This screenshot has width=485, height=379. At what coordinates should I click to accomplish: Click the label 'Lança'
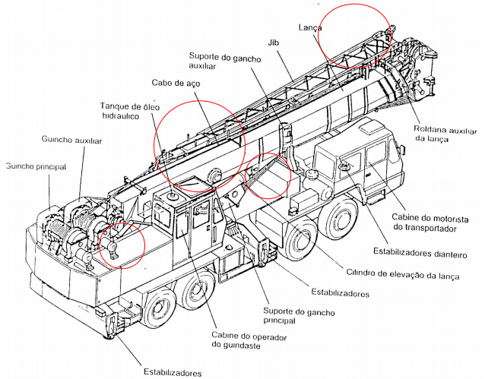(x=310, y=28)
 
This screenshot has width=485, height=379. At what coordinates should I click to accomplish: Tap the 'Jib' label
(x=273, y=43)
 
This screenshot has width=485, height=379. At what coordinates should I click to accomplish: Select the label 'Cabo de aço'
(x=176, y=83)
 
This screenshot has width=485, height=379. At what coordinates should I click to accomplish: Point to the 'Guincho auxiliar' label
(x=71, y=140)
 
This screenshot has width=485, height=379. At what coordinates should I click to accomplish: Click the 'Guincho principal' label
(x=36, y=166)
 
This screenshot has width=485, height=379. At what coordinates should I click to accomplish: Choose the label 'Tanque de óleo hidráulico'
(x=130, y=111)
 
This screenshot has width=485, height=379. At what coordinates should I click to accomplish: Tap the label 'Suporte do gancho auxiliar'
(x=225, y=61)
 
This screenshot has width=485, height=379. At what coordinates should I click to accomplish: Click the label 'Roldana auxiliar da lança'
(x=445, y=134)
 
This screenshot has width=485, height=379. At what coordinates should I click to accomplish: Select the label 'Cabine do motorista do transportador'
(x=430, y=223)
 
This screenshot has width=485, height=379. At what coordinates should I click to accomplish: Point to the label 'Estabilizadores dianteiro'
(x=420, y=253)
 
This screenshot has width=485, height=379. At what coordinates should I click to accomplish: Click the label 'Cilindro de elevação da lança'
(x=402, y=274)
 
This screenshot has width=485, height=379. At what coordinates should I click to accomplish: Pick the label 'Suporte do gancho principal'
(x=299, y=316)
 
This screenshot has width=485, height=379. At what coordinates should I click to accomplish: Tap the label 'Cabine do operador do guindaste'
(x=249, y=340)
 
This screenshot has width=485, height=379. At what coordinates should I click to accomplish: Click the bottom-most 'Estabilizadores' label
(x=173, y=372)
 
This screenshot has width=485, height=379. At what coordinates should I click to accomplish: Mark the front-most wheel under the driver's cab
(x=338, y=220)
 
